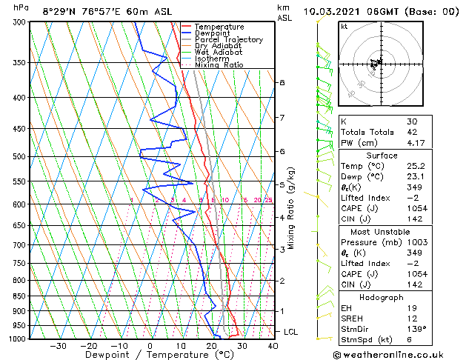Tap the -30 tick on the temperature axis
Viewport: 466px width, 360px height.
point(58,345)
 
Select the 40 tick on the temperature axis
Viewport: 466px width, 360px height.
point(273,345)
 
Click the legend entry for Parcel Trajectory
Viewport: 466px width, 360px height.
point(228,39)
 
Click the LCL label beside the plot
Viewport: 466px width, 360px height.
point(291,332)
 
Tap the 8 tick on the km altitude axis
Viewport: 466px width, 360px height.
point(282,82)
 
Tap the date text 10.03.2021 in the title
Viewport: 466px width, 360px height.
point(333,11)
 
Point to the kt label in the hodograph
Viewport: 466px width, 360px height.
point(344,27)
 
